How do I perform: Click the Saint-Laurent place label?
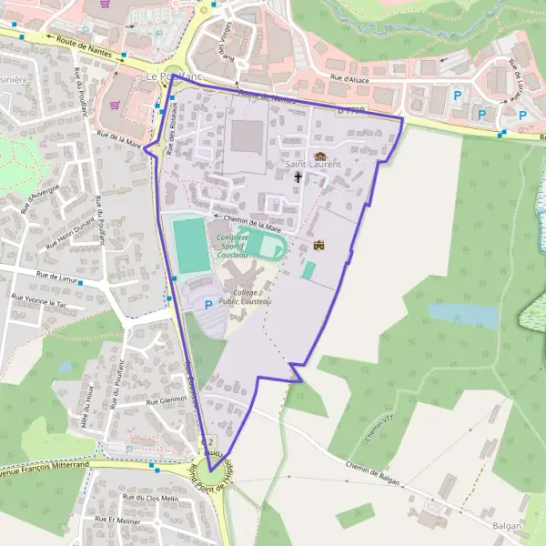point(313,165)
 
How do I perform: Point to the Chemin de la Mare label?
point(252,217)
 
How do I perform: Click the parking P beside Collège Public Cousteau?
point(208,304)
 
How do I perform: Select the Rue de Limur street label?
point(56,274)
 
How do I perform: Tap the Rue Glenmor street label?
point(164,399)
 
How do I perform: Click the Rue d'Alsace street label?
point(349,78)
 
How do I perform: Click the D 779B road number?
point(350,109)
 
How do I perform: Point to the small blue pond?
point(463,315)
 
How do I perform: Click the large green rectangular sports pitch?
point(191,244)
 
